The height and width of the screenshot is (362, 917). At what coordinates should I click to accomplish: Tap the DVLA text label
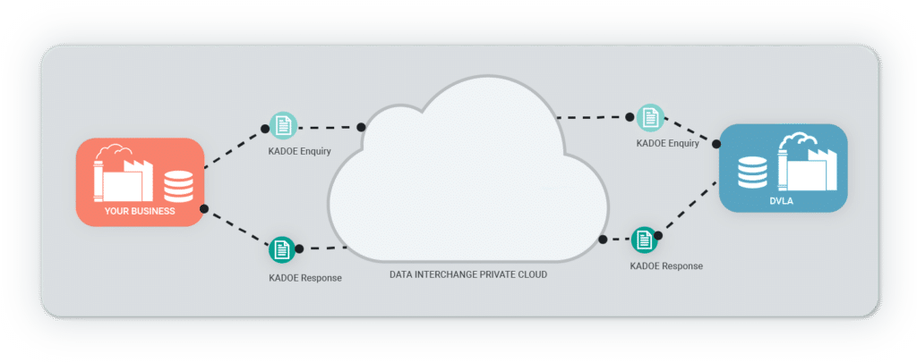pos(783,201)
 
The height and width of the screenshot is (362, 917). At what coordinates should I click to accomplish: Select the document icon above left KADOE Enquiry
pos(283,125)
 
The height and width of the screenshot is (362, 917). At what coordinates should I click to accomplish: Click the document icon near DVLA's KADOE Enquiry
pos(650,118)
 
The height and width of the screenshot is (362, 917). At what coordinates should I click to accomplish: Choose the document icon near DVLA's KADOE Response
pos(644,240)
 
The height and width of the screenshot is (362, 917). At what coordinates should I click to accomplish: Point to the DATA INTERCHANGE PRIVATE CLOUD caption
pos(467,274)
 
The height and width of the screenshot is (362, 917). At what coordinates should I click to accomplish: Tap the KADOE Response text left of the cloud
pos(304,278)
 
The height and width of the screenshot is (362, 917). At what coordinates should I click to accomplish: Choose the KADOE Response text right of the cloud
pos(666,265)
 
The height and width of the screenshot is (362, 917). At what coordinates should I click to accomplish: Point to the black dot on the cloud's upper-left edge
pos(362,127)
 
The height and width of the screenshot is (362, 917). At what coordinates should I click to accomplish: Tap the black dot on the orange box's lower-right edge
pos(204,208)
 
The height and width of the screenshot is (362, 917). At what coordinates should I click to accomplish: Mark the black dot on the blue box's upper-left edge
pos(716,142)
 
